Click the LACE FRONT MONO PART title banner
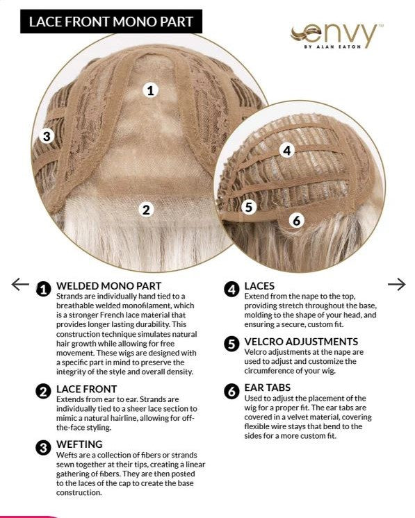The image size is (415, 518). [111, 22]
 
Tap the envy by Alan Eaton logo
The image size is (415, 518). [336, 36]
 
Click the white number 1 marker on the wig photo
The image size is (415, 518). [150, 90]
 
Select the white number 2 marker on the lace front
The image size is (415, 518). [146, 210]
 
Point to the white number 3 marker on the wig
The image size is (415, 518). [47, 136]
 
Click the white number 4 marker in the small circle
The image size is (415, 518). [287, 150]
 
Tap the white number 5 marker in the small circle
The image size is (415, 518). [249, 207]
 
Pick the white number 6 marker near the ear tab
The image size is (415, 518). [297, 220]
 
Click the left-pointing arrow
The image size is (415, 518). [20, 284]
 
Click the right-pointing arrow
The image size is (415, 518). [396, 284]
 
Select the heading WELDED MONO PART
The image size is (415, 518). [109, 286]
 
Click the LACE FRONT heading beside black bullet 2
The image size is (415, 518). [87, 389]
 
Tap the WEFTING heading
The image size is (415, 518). [79, 444]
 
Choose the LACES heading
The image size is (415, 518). [259, 286]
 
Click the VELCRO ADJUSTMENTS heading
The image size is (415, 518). [301, 342]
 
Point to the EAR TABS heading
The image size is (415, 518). [268, 387]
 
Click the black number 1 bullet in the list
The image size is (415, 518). [43, 289]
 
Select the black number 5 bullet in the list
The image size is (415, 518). [231, 344]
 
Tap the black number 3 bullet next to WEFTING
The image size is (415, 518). [43, 448]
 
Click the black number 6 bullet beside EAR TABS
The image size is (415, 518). [231, 391]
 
